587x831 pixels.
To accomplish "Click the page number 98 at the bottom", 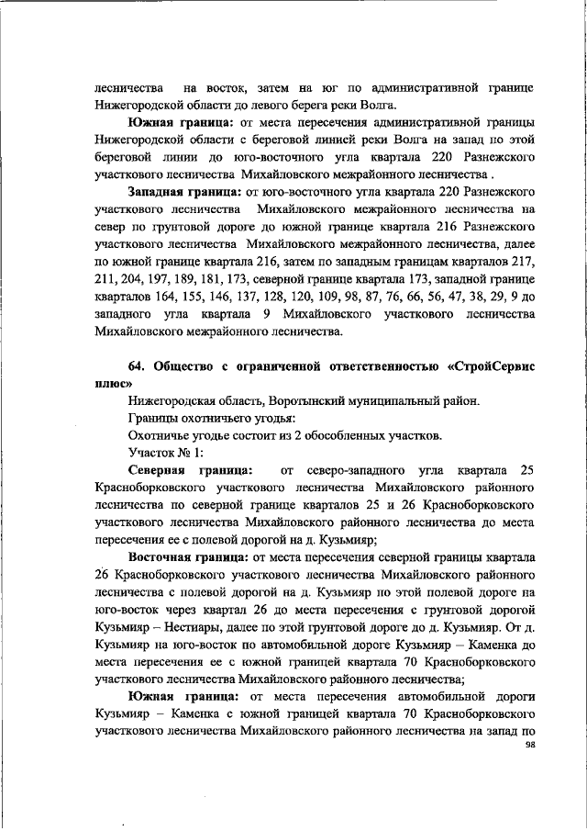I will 530,746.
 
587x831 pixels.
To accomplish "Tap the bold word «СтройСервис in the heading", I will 490,367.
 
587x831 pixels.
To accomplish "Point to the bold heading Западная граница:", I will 183,193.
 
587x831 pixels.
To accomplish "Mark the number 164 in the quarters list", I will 168,298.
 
